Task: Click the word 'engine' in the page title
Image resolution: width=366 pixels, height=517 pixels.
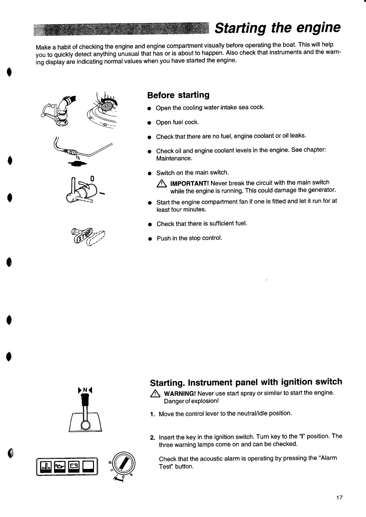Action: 316,28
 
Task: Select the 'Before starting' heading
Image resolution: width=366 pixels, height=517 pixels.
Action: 178,95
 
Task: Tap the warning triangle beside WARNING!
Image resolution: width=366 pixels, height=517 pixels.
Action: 155,394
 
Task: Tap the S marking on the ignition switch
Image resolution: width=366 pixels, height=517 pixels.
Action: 131,475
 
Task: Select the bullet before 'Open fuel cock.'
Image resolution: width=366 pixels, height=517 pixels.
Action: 148,123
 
